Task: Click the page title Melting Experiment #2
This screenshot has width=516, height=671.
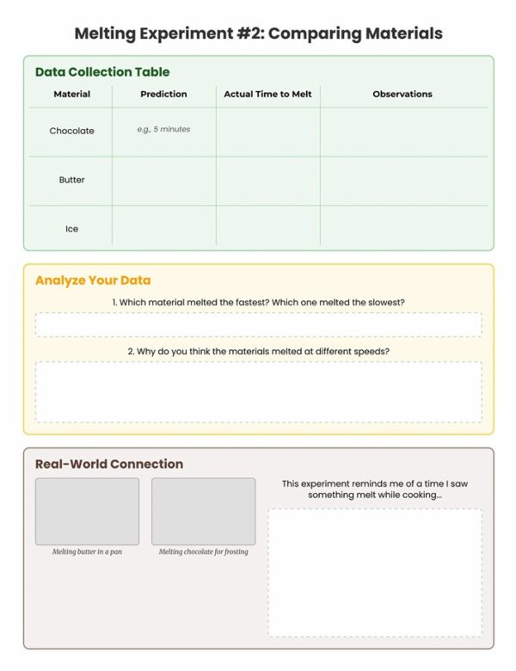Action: click(x=258, y=34)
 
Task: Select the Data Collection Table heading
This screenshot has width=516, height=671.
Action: click(x=102, y=72)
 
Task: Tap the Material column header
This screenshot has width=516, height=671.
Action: click(x=71, y=94)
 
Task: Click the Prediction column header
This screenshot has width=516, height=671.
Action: click(x=163, y=94)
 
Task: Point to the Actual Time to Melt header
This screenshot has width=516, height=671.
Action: click(x=267, y=94)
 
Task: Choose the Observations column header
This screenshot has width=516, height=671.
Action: click(x=402, y=94)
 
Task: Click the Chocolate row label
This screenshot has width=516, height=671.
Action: click(x=71, y=131)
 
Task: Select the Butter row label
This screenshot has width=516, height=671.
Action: click(x=71, y=180)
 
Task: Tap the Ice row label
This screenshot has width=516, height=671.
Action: click(x=71, y=229)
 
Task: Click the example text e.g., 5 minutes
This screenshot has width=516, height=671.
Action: click(x=163, y=129)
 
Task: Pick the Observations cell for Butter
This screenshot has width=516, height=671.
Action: click(x=403, y=181)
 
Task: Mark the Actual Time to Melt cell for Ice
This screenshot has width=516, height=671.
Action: click(x=267, y=229)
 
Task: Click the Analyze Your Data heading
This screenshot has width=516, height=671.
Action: click(x=93, y=280)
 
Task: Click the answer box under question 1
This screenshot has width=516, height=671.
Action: click(x=258, y=324)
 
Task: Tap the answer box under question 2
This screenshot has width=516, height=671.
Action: click(x=258, y=391)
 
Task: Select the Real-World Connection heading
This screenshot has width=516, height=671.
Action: click(x=109, y=464)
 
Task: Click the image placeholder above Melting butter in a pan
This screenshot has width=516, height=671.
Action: click(x=87, y=511)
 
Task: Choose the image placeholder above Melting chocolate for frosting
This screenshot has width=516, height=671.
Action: click(x=203, y=511)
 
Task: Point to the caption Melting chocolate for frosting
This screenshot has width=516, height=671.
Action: click(x=203, y=551)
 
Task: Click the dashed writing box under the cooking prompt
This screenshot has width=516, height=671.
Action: click(x=374, y=572)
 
